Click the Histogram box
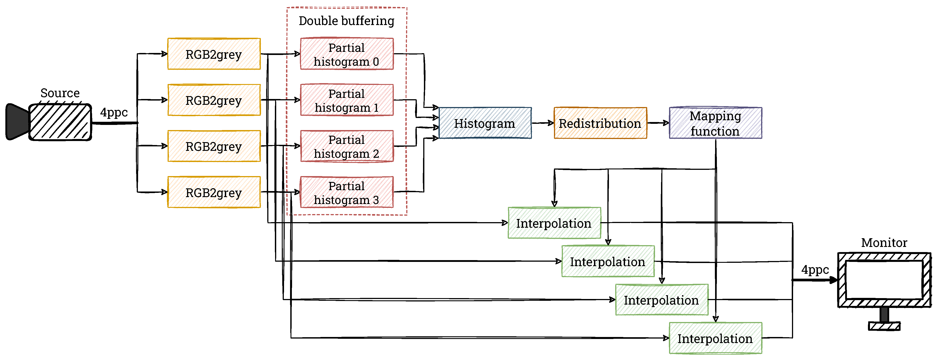(485, 123)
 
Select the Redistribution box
(600, 123)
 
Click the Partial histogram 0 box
(347, 54)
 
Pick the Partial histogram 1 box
(347, 100)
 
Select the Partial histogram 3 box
(347, 192)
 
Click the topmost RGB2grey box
(214, 54)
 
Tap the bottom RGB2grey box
(214, 192)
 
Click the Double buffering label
(346, 21)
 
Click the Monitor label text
(884, 242)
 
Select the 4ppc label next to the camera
(114, 112)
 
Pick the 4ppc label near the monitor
(815, 270)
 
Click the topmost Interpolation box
(554, 223)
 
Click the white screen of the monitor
(884, 280)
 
